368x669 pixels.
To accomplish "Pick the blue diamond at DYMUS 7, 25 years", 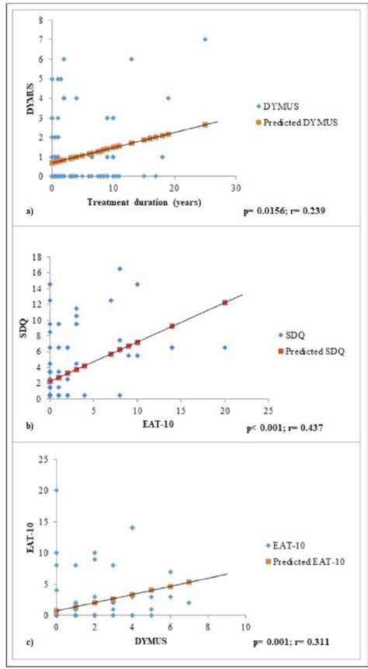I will (x=205, y=39).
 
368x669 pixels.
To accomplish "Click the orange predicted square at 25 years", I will (x=205, y=124).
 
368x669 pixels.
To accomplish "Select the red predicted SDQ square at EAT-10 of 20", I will (x=225, y=303).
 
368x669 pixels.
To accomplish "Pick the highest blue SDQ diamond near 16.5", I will (x=120, y=269).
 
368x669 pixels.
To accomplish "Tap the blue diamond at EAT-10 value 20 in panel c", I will (x=57, y=490).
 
